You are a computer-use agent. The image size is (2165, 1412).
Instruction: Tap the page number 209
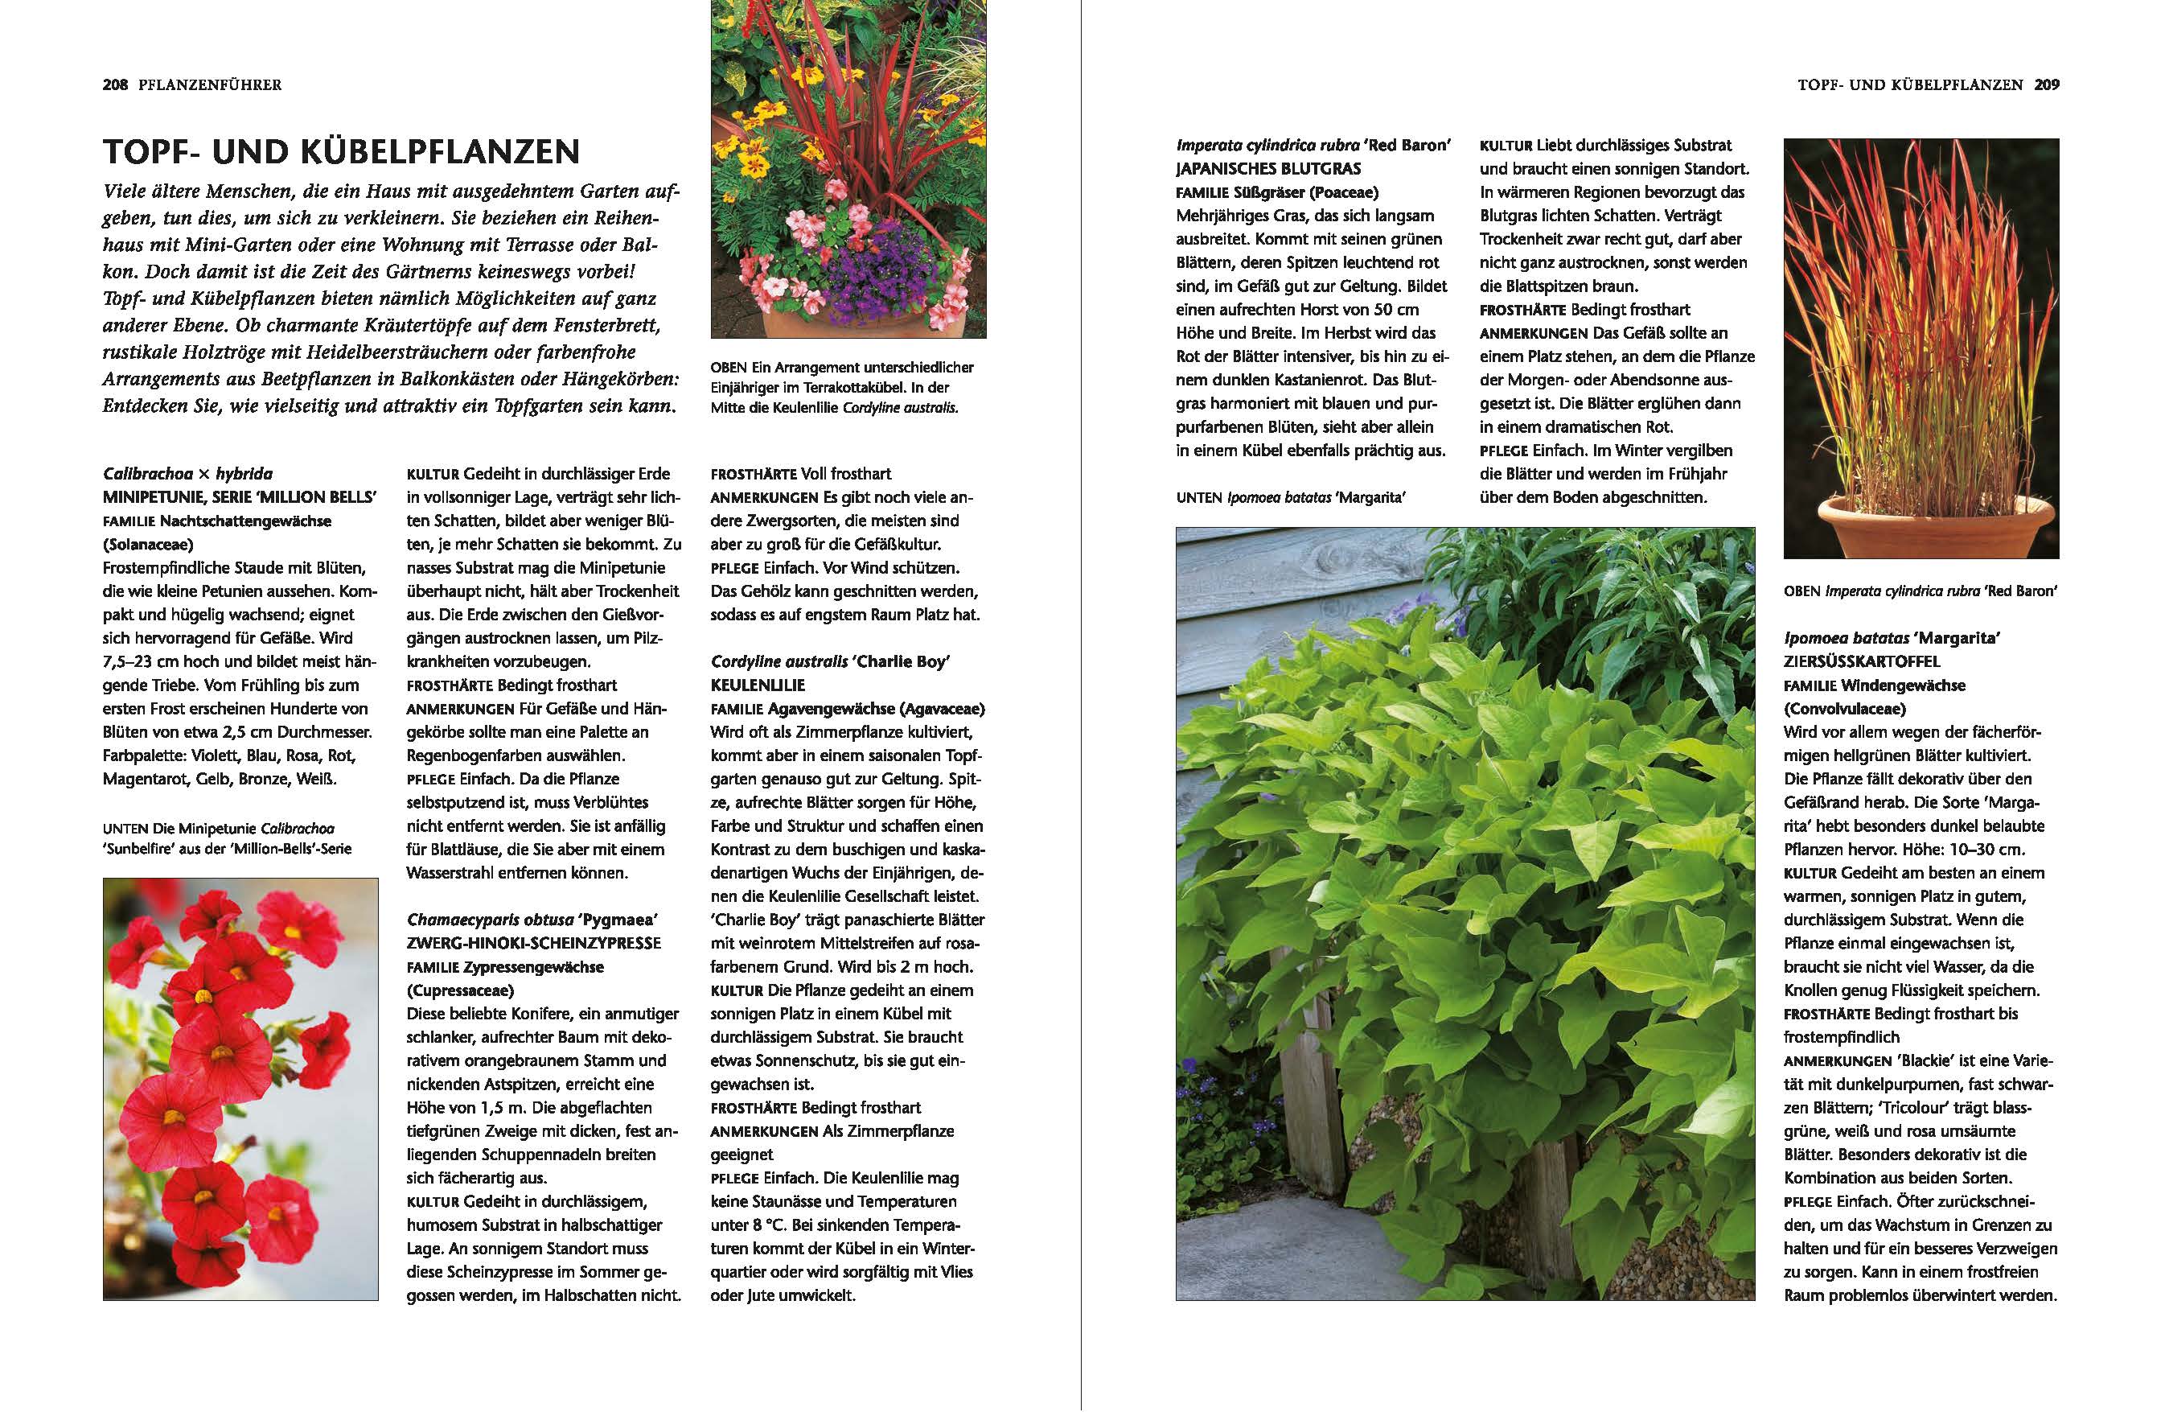2047,84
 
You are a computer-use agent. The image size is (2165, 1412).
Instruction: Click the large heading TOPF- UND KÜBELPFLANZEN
341,151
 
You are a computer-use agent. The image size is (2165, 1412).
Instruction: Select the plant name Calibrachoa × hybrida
187,474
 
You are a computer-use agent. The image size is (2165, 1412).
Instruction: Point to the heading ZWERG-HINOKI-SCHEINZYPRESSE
534,944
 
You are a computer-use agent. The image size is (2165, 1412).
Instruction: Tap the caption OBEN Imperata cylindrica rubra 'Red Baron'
1921,591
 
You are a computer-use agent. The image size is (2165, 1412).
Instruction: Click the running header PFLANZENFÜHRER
210,84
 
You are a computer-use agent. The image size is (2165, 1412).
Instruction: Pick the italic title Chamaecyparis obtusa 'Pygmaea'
532,920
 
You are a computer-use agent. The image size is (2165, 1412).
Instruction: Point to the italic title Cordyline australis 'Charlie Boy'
830,661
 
